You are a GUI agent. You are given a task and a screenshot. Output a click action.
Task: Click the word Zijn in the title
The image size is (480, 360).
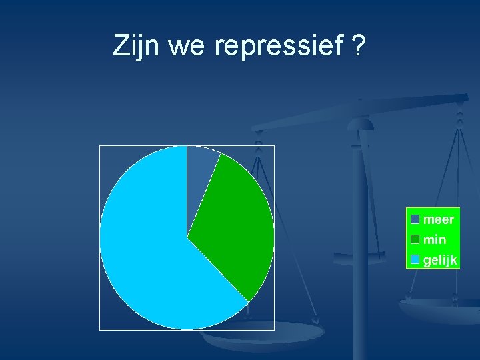point(137,47)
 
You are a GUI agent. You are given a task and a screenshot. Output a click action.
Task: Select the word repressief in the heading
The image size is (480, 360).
point(278,47)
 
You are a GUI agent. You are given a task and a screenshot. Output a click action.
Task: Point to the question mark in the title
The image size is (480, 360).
point(358,47)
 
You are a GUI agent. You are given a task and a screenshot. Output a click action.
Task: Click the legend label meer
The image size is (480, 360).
point(439,219)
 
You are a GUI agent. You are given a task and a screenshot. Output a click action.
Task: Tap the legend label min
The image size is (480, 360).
point(435,239)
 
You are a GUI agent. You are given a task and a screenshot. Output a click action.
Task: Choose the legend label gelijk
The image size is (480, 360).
point(440,260)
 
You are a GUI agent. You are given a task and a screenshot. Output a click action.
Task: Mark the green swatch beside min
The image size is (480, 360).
point(415,239)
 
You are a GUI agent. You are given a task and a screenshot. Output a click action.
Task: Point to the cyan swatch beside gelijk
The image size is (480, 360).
point(415,260)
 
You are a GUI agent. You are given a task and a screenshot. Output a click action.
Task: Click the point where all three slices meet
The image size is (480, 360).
point(187,237)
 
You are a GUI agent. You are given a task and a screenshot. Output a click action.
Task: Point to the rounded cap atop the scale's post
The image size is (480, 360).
point(361,123)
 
